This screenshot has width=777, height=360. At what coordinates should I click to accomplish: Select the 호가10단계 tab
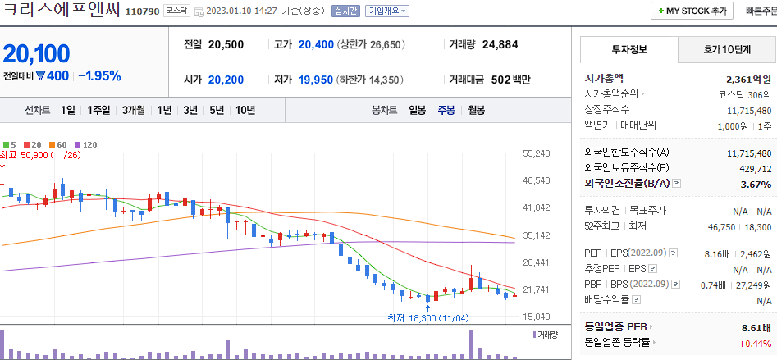[x=727, y=49]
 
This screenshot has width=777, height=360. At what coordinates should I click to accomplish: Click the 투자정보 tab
[x=629, y=49]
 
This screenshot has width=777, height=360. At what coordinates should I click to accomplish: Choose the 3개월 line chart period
[x=134, y=110]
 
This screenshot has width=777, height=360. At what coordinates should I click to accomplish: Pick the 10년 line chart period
[x=245, y=110]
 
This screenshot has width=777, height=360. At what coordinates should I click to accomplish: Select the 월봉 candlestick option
[x=476, y=110]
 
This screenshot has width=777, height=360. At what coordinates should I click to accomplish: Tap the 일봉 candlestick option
[x=417, y=110]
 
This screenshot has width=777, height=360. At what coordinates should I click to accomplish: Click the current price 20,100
[x=36, y=54]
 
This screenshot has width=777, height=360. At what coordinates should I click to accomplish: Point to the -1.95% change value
[x=99, y=76]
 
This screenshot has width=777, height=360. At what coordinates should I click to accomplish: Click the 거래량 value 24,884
[x=500, y=44]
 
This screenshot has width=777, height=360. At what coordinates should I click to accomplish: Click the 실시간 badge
[x=345, y=11]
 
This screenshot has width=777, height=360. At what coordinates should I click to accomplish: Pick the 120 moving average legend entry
[x=85, y=144]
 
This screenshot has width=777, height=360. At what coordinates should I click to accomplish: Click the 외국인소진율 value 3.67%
[x=756, y=184]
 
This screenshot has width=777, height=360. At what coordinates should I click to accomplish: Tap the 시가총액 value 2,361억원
[x=748, y=80]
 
